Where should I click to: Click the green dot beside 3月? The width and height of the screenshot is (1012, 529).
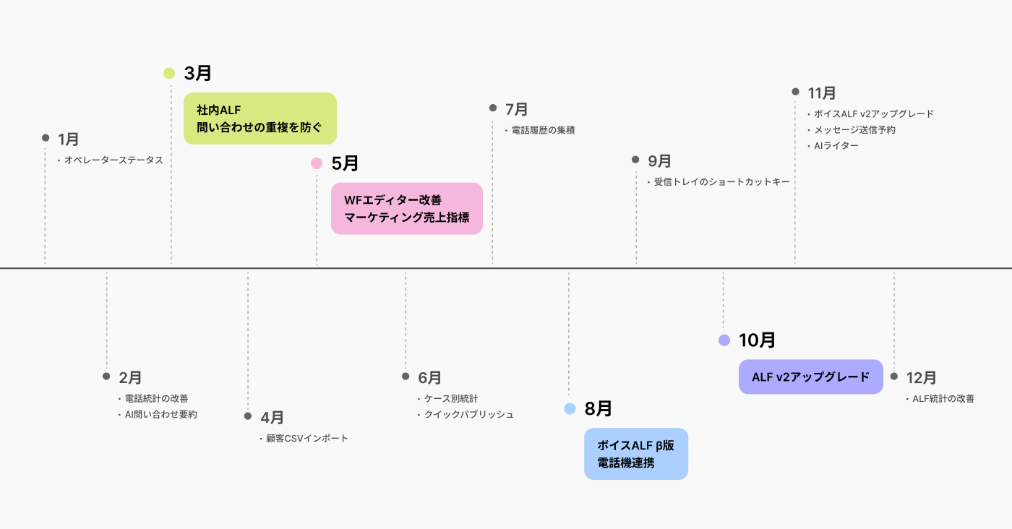click(169, 73)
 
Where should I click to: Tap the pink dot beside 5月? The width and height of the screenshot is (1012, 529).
click(317, 163)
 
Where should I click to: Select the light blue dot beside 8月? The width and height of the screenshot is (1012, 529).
click(570, 409)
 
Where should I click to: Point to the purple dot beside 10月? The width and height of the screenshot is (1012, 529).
click(724, 340)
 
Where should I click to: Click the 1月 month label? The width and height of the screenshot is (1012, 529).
click(68, 139)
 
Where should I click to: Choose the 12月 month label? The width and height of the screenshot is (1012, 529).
click(921, 377)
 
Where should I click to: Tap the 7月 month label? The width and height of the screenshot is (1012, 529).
click(516, 109)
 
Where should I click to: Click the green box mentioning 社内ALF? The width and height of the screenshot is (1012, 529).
click(260, 119)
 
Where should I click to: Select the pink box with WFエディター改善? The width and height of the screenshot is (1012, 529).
click(406, 208)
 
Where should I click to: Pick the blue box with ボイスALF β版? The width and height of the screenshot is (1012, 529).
click(635, 454)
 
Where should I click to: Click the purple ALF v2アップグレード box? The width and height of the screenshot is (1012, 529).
click(810, 377)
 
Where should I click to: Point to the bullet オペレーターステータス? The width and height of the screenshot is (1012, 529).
click(113, 160)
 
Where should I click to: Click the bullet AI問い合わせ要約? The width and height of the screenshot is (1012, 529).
click(160, 415)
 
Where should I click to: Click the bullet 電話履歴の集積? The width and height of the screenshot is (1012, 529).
click(542, 131)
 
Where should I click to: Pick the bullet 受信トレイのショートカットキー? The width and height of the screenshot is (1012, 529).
click(721, 182)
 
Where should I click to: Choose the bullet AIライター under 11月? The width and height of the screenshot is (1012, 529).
click(836, 146)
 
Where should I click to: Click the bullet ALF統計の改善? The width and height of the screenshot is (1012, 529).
click(943, 398)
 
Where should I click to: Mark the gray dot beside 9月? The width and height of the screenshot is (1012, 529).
click(635, 160)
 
